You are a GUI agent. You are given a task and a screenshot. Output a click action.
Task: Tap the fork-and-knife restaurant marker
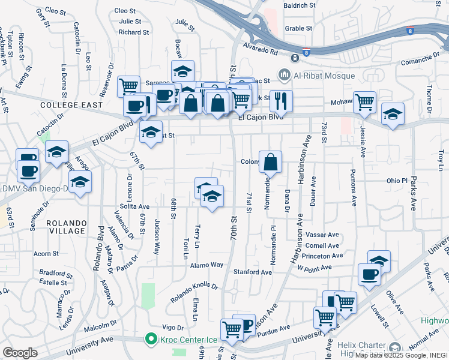281,101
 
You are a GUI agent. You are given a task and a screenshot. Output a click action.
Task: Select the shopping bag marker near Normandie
270,162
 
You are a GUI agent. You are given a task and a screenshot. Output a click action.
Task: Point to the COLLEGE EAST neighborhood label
68,105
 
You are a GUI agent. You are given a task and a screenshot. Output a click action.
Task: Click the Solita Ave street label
134,206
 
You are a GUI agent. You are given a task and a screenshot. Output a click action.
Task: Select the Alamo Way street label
206,265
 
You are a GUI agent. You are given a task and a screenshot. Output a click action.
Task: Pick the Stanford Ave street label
253,272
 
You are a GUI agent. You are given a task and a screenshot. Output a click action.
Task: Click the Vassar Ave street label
322,235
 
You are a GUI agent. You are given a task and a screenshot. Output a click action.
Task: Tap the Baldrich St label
300,5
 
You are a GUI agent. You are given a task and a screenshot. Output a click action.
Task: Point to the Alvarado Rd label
261,48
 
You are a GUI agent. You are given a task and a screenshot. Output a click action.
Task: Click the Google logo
20,352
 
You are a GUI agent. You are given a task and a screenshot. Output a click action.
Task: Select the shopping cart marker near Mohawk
364,103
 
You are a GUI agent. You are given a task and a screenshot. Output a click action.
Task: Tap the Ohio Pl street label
397,180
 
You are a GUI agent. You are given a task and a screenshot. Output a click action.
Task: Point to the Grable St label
299,28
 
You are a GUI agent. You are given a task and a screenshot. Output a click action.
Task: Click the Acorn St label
46,254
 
